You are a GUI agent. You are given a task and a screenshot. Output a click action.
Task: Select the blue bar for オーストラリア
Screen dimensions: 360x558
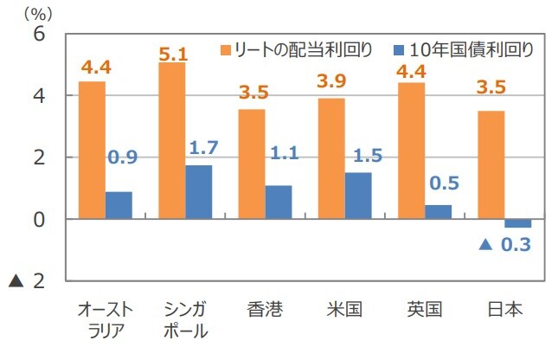(119, 205)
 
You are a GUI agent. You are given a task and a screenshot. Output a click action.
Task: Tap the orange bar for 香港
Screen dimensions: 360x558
(252, 164)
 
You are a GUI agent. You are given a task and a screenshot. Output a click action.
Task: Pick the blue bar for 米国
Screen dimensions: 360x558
(358, 196)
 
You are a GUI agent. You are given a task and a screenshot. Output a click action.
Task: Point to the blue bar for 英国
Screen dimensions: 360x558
(438, 212)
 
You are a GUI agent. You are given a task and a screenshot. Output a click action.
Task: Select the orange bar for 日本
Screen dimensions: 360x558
(491, 164)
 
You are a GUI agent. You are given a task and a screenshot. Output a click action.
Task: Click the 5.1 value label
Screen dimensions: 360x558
(173, 54)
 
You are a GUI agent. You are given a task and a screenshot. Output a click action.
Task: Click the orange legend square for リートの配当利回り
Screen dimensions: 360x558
(228, 49)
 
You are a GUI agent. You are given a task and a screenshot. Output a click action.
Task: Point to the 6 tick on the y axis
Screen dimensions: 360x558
(38, 34)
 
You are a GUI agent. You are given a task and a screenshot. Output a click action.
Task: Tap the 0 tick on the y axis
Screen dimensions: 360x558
(38, 219)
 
